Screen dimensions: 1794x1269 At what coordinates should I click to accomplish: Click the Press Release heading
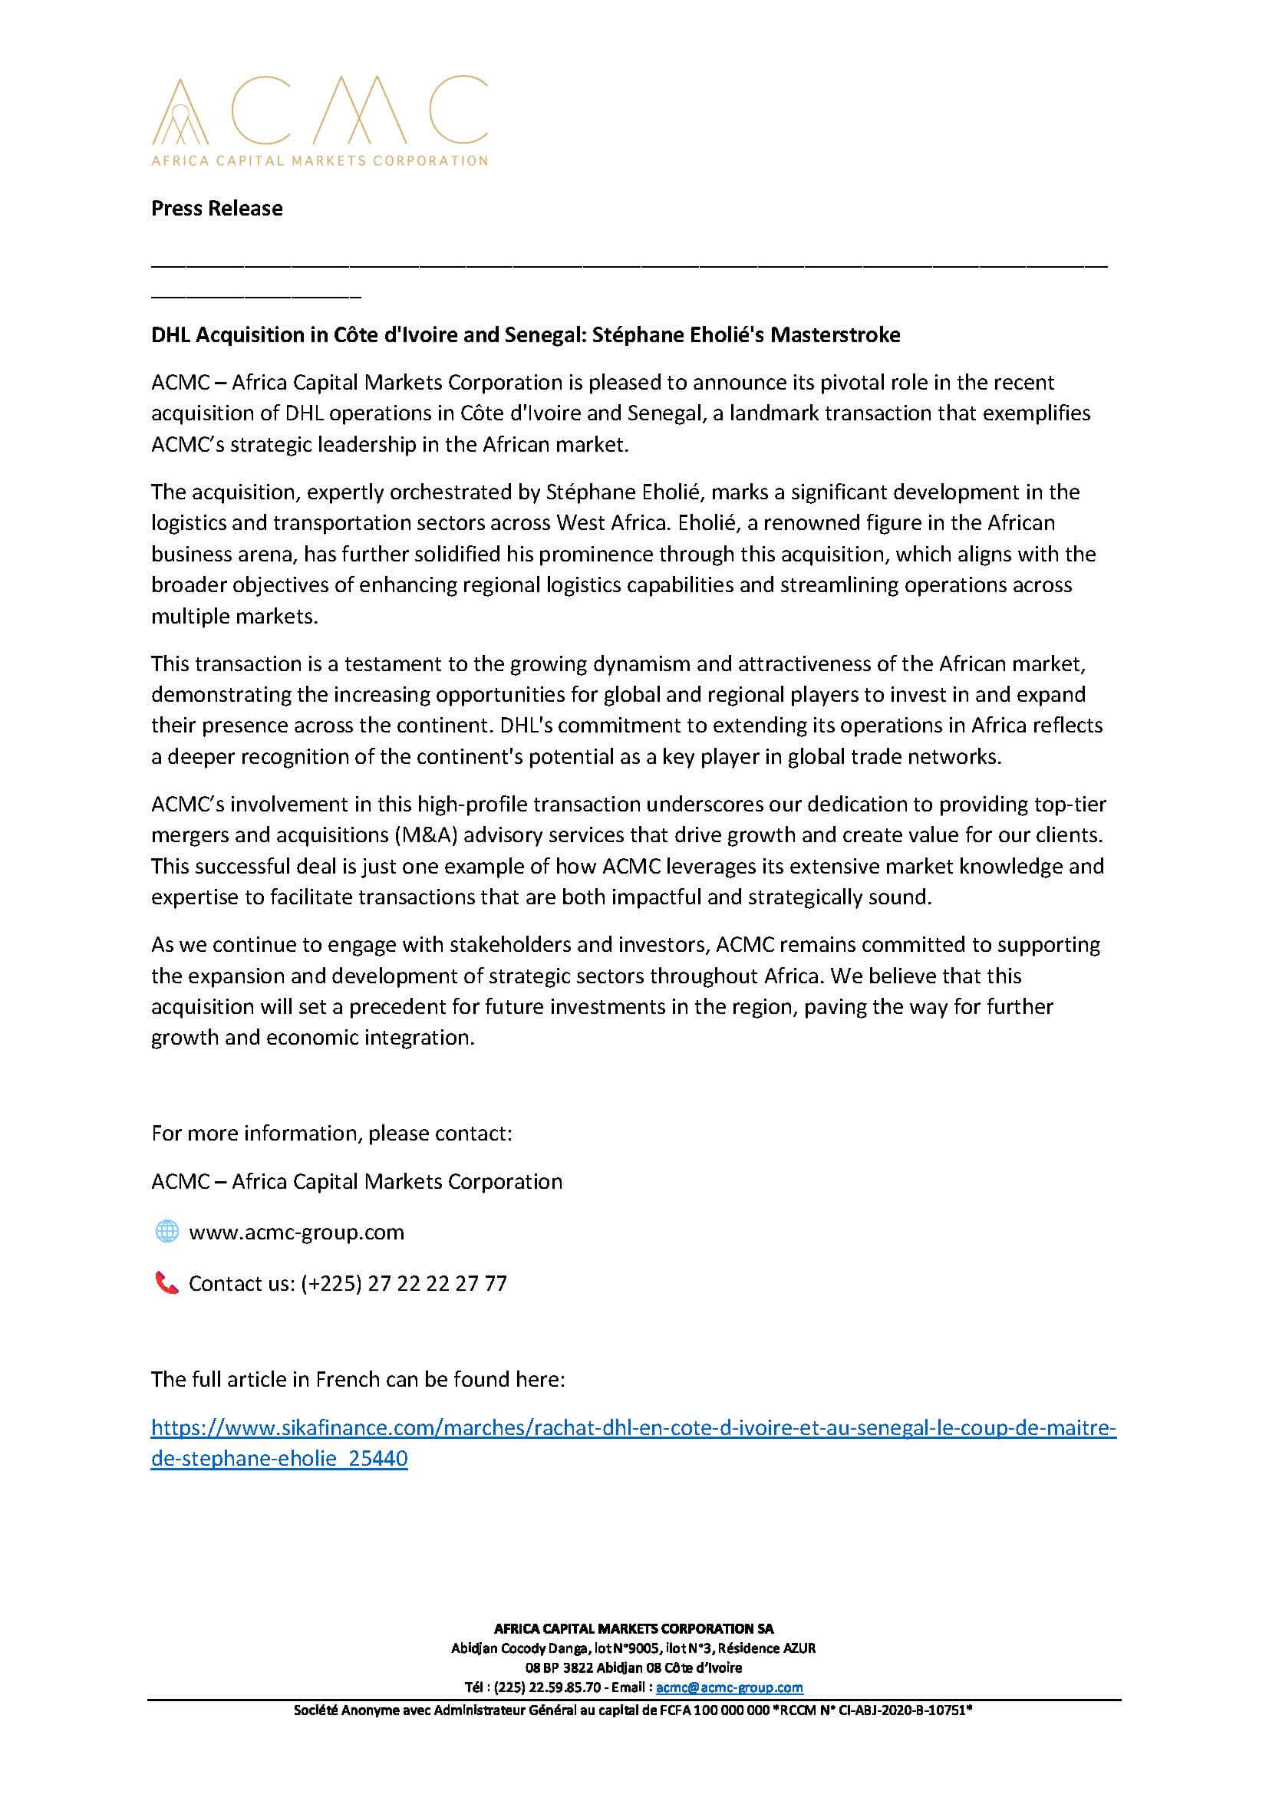[x=216, y=209]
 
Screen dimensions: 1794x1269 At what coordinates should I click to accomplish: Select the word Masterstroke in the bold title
[x=836, y=335]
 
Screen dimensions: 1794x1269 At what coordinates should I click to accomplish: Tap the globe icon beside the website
[x=166, y=1233]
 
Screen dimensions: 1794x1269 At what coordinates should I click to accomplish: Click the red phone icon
[x=166, y=1283]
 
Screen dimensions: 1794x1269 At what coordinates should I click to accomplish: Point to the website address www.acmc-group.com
[x=296, y=1233]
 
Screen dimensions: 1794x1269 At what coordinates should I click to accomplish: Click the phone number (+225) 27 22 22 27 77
[x=404, y=1283]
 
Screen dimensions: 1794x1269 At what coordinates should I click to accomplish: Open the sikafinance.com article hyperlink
[x=633, y=1428]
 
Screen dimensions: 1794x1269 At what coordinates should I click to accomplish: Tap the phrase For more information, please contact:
[x=331, y=1133]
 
